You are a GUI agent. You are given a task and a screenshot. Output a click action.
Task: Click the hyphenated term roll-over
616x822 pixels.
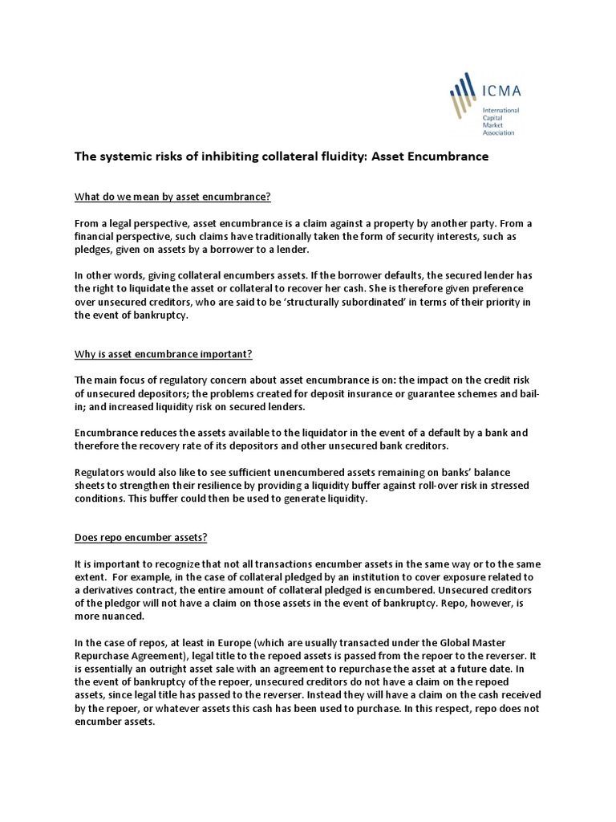(x=436, y=486)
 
